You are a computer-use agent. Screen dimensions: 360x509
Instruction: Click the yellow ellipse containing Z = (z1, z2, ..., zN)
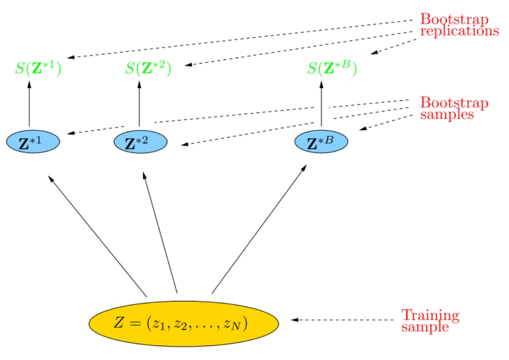click(184, 323)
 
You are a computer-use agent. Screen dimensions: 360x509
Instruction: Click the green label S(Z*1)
click(38, 70)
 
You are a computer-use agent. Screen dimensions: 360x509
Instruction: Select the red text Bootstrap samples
click(454, 109)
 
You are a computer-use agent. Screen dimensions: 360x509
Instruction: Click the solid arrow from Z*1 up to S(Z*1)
click(29, 104)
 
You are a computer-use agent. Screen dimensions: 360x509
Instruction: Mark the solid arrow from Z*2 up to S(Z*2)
click(139, 104)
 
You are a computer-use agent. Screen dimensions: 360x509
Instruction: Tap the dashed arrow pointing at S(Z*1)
click(240, 39)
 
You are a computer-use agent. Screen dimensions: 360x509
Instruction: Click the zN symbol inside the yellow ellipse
click(237, 324)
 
